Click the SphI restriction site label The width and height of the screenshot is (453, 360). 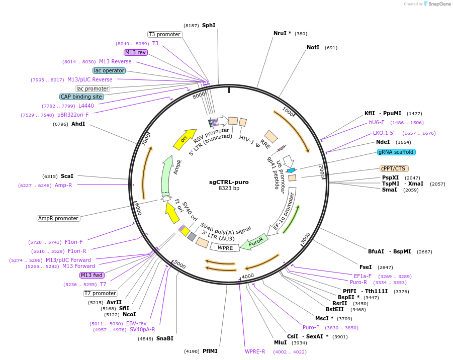pyautogui.click(x=209, y=25)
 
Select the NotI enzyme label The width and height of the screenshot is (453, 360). pyautogui.click(x=313, y=48)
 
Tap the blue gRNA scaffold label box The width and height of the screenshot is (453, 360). pyautogui.click(x=397, y=152)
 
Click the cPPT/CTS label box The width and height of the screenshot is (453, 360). pyautogui.click(x=394, y=168)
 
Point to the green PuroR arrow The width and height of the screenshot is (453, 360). pyautogui.click(x=254, y=242)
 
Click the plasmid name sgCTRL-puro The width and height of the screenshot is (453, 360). pyautogui.click(x=229, y=182)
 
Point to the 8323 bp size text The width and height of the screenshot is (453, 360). pyautogui.click(x=229, y=189)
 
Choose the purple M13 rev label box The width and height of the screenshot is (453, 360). pyautogui.click(x=135, y=52)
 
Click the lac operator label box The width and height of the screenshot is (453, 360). pyautogui.click(x=109, y=70)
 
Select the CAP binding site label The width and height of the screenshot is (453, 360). pyautogui.click(x=82, y=97)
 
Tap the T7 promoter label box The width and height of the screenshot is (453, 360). pyautogui.click(x=101, y=293)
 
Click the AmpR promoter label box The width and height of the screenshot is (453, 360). pyautogui.click(x=58, y=218)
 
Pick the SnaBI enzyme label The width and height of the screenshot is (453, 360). pyautogui.click(x=164, y=338)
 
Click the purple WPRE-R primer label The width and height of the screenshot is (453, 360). pyautogui.click(x=255, y=351)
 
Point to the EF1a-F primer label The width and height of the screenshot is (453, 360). pyautogui.click(x=363, y=276)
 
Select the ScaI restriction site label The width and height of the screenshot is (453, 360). pyautogui.click(x=67, y=176)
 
